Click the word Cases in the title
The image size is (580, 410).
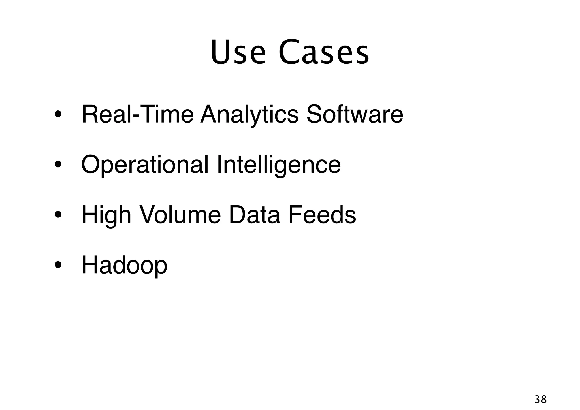(x=324, y=52)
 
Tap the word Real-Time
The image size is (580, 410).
(x=137, y=114)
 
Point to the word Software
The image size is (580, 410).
(x=355, y=114)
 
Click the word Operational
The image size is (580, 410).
(x=145, y=165)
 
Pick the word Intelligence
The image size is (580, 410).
(x=279, y=165)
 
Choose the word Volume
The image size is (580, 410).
(x=180, y=215)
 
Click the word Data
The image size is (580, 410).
(x=254, y=215)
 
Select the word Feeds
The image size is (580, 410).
(x=322, y=215)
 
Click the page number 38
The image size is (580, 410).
(x=540, y=400)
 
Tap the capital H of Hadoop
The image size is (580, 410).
(x=90, y=265)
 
